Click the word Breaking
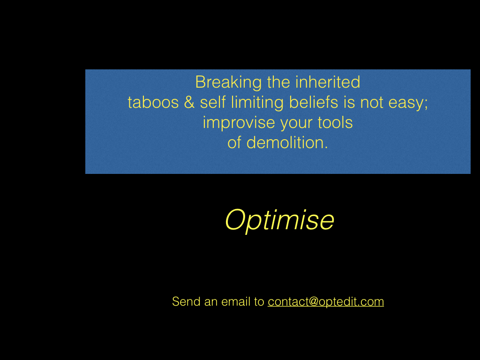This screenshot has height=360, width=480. coord(228,83)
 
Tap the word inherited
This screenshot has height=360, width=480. coord(328,82)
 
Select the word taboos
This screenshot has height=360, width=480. coord(153,102)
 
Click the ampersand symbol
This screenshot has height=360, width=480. coord(189,102)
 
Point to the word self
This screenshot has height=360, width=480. coord(213,102)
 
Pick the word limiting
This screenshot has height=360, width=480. coord(257,103)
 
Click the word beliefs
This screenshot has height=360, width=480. coord(314,102)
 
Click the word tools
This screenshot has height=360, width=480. coord(335,122)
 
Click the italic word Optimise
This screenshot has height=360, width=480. coord(279,220)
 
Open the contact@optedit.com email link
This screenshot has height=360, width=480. coord(326,302)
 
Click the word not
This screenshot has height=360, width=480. coord(371,103)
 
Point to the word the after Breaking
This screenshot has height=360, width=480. coord(278,82)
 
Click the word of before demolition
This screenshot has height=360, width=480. coord(234,142)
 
